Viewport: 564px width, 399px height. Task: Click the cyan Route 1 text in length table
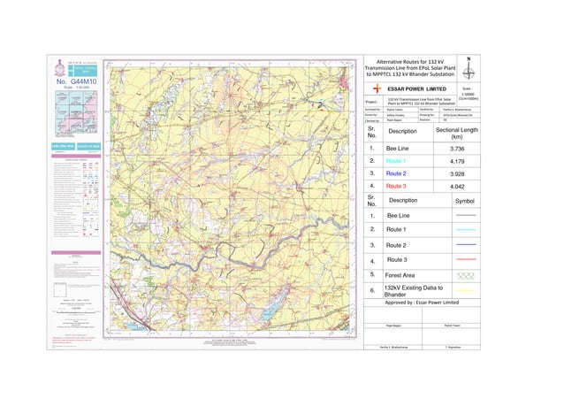click(x=396, y=162)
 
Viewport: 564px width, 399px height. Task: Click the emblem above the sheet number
click(x=60, y=67)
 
